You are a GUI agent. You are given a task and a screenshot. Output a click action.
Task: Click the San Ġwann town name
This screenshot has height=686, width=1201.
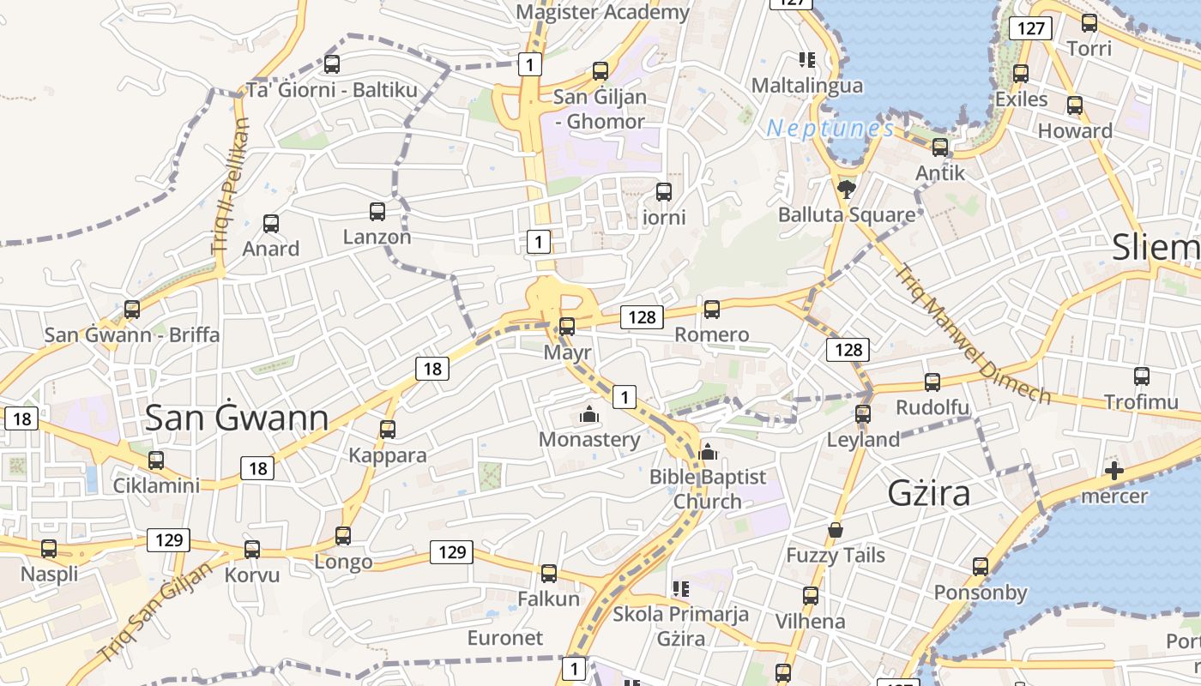point(237,418)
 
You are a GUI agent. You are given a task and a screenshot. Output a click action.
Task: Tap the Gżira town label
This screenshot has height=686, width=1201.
point(930,493)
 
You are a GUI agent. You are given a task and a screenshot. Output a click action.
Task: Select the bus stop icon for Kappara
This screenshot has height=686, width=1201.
point(388,429)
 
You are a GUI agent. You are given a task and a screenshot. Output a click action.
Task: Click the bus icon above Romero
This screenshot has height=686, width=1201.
point(711,309)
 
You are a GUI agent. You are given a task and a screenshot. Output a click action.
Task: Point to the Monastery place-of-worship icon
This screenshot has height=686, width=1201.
point(589,415)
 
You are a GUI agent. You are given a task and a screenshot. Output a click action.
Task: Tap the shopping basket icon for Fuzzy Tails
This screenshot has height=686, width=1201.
point(836,531)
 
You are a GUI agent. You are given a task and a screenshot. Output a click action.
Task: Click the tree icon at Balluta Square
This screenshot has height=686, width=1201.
point(847,189)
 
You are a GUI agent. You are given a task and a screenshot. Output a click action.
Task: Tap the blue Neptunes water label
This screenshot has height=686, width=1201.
point(830,129)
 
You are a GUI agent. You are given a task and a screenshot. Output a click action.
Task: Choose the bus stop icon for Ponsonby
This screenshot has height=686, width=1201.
point(981,566)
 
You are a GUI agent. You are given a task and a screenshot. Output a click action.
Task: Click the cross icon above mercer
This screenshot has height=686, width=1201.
point(1114,470)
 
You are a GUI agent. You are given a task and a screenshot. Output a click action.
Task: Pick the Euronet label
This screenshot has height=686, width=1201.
point(505,638)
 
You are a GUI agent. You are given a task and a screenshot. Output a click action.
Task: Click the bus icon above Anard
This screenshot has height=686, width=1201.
point(271,224)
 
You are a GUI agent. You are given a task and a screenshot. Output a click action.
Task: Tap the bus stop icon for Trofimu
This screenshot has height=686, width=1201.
point(1141,376)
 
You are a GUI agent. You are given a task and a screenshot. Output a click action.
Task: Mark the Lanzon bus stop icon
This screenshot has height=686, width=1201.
point(377,211)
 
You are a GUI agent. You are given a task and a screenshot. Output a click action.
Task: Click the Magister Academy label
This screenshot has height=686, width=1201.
point(603,12)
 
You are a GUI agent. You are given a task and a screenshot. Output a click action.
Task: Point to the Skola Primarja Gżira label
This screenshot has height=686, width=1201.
point(680,626)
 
